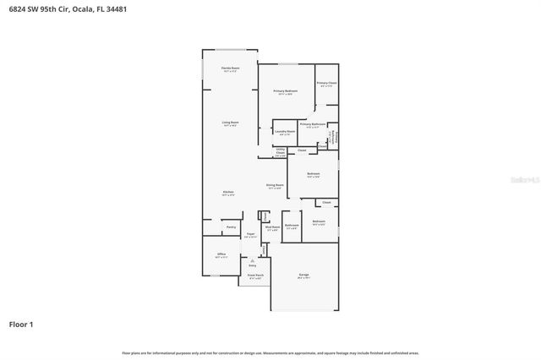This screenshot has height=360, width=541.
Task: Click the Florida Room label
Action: click(x=229, y=68)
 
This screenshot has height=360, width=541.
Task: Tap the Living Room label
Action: click(x=230, y=123)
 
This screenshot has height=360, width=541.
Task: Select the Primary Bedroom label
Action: click(x=286, y=90)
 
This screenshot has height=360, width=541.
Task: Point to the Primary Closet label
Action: click(x=327, y=83)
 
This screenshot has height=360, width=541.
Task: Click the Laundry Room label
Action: click(x=285, y=132)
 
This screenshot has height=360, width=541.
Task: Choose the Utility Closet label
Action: click(x=280, y=152)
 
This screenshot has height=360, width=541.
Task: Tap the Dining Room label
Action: click(x=274, y=185)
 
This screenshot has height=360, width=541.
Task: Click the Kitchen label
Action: click(x=228, y=193)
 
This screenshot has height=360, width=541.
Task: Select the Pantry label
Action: click(x=231, y=226)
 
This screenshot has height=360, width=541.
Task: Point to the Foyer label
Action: click(x=250, y=236)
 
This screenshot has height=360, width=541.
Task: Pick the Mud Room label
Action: click(x=272, y=226)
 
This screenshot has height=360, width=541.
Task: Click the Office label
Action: click(x=221, y=254)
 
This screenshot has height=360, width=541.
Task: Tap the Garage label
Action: click(x=303, y=275)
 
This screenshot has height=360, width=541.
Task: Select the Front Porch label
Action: click(x=254, y=275)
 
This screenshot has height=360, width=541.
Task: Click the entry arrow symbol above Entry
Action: click(x=252, y=260)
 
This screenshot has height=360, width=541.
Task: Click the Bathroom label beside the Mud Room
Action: click(x=292, y=225)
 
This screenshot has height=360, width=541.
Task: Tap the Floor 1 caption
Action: click(x=22, y=324)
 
